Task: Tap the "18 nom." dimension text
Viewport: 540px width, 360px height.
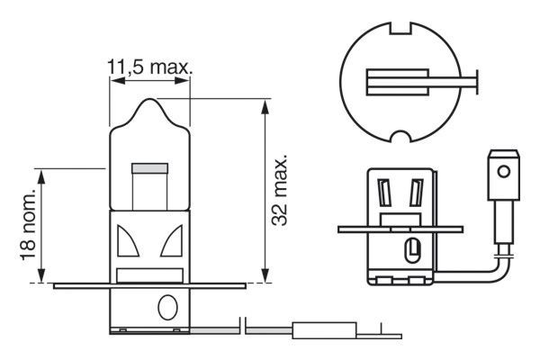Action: click(x=29, y=225)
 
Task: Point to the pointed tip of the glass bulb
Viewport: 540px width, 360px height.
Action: click(x=149, y=102)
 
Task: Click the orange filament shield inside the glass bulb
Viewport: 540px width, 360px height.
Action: click(x=149, y=167)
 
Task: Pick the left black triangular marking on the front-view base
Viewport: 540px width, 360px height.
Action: click(x=128, y=241)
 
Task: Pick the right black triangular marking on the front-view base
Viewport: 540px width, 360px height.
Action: click(x=172, y=241)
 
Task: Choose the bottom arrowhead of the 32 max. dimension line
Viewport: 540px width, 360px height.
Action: click(x=263, y=276)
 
